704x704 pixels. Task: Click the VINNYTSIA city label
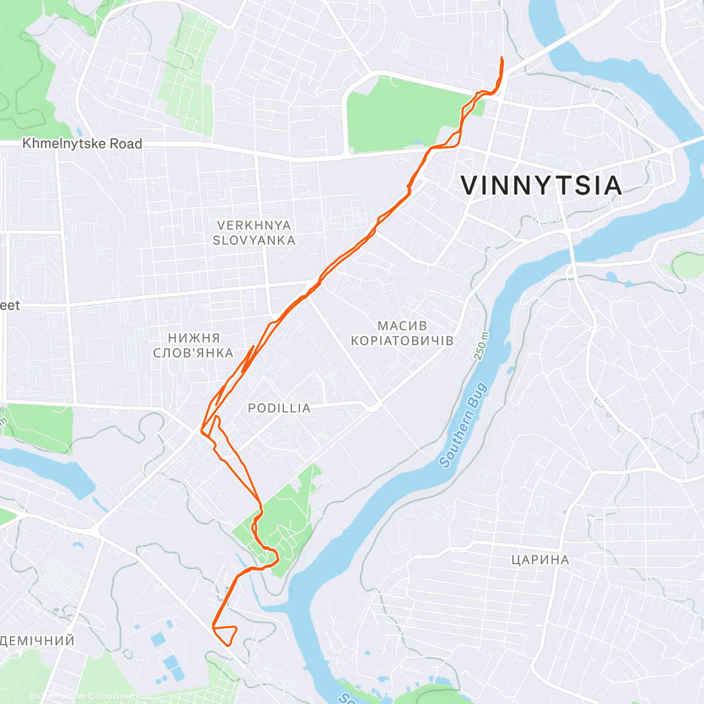[541, 185]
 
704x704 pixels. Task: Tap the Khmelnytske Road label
[82, 144]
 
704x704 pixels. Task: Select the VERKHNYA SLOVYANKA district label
[253, 233]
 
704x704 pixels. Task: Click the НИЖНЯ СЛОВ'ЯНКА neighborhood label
[193, 345]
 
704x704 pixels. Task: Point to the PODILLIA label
[279, 408]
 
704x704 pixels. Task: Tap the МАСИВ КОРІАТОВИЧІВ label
[402, 333]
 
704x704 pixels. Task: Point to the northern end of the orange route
[502, 58]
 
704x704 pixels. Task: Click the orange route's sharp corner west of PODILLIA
[202, 431]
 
